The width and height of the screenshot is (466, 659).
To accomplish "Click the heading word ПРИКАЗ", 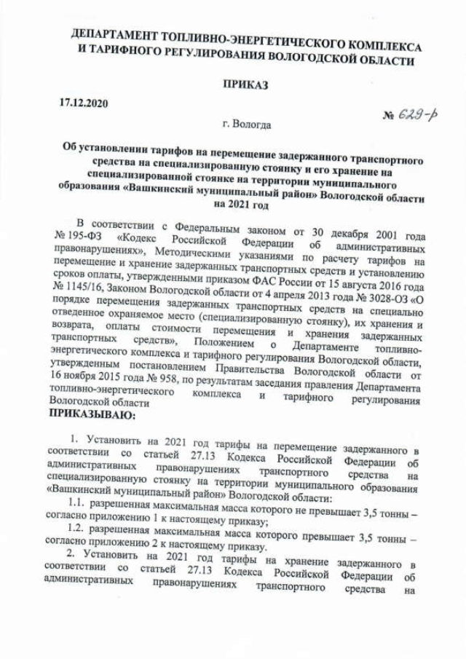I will tap(245, 86).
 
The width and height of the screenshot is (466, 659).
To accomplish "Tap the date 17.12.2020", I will tap(83, 103).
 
